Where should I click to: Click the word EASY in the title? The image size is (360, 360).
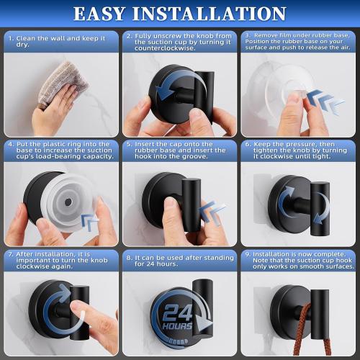(109, 14)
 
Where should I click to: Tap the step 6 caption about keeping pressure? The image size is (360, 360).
(299, 151)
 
